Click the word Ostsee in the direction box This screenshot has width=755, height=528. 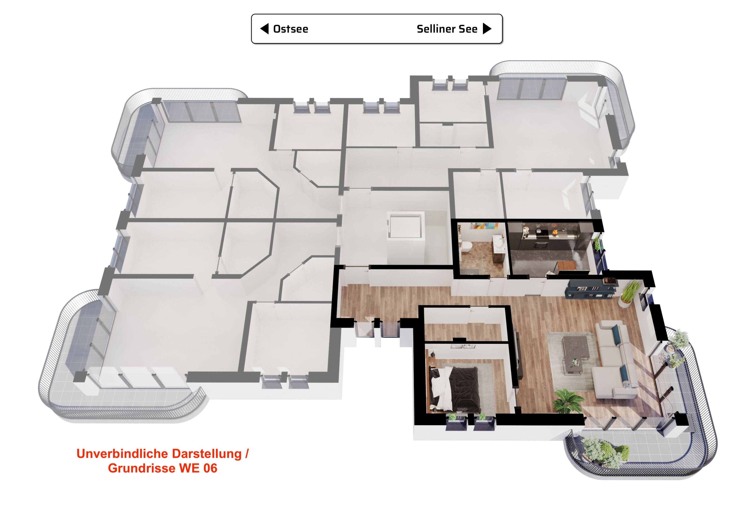tap(291, 29)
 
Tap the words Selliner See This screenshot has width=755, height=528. tap(447, 29)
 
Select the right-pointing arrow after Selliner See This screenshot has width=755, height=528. tap(487, 29)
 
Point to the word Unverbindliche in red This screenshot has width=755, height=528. tap(123, 454)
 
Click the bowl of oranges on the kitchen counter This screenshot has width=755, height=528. tap(555, 233)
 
